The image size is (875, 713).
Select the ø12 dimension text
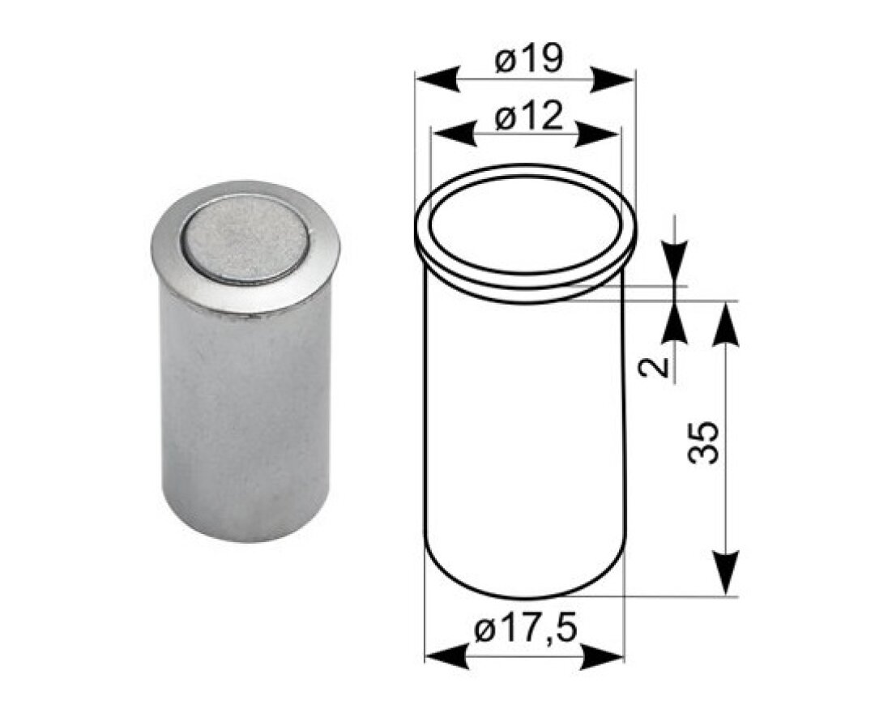[528, 118]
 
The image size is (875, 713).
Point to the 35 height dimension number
[703, 442]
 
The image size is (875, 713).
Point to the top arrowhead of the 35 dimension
[727, 321]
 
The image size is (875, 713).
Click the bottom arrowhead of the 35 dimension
[727, 572]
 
